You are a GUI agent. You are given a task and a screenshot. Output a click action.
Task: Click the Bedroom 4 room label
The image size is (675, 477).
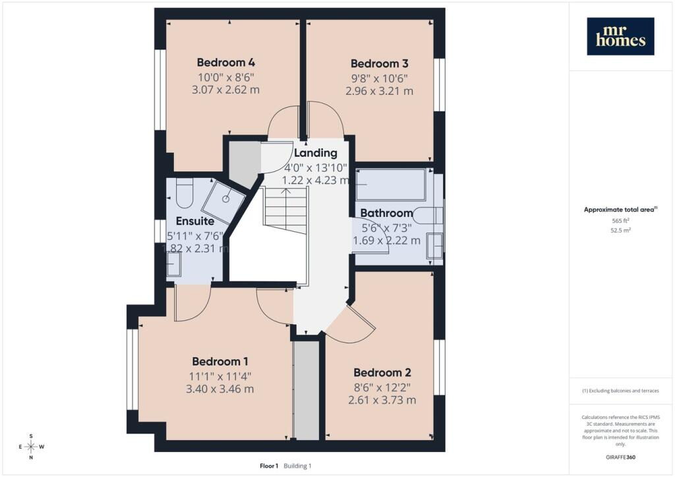[x=225, y=63]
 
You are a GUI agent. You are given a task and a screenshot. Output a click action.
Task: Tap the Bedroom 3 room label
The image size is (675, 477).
[x=379, y=64]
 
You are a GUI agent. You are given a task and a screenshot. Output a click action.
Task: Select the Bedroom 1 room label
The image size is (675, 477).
[x=220, y=361]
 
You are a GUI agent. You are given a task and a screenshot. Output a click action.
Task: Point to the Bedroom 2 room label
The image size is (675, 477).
[x=382, y=372]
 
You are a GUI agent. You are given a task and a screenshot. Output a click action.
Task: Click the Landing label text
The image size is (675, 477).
[x=316, y=153]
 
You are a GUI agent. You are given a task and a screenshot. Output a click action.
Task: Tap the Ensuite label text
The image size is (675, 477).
[x=195, y=221]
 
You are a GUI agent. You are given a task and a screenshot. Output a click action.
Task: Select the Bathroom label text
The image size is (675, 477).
[x=386, y=213]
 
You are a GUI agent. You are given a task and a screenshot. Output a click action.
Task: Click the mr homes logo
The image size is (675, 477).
[x=620, y=36]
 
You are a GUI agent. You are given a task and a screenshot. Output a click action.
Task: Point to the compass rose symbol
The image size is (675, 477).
[x=31, y=447]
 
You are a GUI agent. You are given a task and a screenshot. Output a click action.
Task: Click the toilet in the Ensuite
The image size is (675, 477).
[x=185, y=193]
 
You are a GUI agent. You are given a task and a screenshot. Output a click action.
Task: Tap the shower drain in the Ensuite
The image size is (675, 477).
[x=226, y=199]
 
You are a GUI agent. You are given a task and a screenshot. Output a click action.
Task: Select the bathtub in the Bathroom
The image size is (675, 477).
[x=391, y=184]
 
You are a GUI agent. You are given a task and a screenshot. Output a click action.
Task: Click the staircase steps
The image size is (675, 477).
[x=285, y=210]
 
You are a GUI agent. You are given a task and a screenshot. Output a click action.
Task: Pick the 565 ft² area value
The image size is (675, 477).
[x=620, y=221]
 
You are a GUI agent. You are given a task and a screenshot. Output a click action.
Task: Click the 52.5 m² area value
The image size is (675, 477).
[x=620, y=230]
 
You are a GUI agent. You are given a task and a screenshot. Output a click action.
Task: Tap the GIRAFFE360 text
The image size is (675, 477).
[x=620, y=457]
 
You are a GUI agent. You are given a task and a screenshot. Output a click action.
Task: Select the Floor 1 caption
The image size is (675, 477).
[x=269, y=466]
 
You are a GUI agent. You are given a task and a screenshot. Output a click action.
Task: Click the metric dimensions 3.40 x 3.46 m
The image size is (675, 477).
[x=220, y=389]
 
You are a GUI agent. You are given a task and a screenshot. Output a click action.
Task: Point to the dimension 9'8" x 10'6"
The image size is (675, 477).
[x=379, y=78]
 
